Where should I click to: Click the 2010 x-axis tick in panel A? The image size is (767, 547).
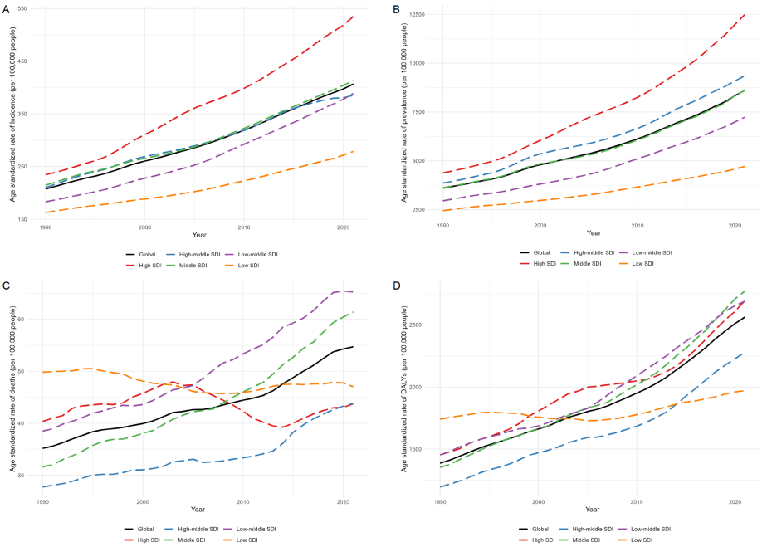click(243, 227)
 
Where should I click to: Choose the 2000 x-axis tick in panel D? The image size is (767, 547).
click(537, 502)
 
